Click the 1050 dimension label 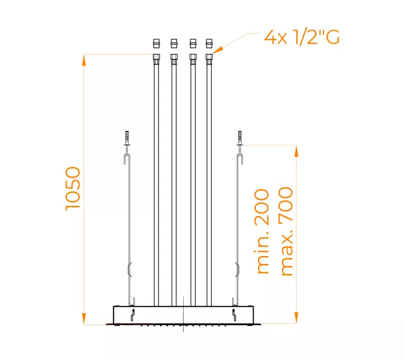pos(73,188)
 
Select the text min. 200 pos(263,232)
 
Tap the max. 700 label pos(286,232)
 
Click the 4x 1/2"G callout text pos(302,38)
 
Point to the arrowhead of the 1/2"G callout pos(217,52)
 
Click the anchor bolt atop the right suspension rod pos(239,137)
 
